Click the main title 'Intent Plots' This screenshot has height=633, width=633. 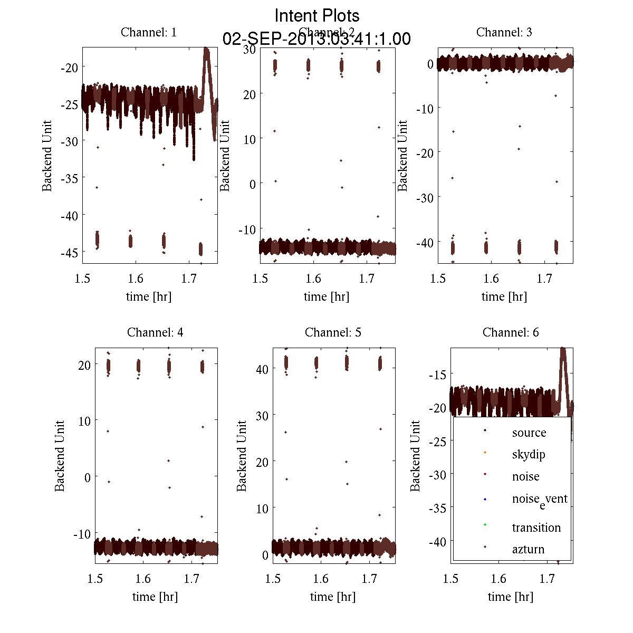tap(317, 15)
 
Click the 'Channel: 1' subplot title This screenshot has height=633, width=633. tap(149, 32)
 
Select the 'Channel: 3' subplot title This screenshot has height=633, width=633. tap(504, 32)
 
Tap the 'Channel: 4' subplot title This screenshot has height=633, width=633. tap(155, 332)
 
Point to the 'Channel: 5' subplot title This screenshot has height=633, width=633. tap(333, 332)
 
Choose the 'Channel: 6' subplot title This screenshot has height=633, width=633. tap(511, 332)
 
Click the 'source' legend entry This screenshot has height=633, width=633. tap(529, 433)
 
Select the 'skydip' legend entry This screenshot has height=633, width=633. tap(528, 454)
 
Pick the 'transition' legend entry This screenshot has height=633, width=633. tap(536, 527)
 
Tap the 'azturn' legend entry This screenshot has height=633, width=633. tap(528, 549)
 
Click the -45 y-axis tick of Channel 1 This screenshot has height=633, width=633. tap(69, 253)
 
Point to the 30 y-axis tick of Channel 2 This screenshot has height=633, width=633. tap(250, 50)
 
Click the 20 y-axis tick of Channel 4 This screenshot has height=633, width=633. tap(84, 365)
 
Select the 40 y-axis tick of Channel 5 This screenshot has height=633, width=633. tap(262, 369)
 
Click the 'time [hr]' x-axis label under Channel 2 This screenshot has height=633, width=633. tap(326, 296)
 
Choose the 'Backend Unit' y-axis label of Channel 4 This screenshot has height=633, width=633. tap(60, 456)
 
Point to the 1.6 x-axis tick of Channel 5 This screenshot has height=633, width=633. tap(321, 579)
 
